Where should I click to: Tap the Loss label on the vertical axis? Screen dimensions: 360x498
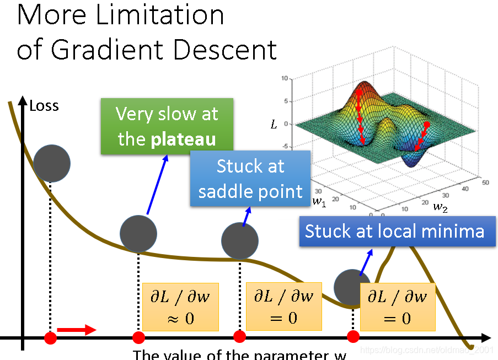(x=44, y=105)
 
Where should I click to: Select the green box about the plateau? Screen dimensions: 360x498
(x=167, y=126)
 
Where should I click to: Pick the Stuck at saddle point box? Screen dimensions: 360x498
(x=250, y=178)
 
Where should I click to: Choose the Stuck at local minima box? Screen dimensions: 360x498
(x=394, y=230)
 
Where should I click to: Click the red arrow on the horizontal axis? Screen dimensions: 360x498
(x=76, y=330)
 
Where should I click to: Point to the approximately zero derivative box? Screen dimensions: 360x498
(x=180, y=307)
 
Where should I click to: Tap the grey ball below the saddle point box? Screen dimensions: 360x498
(x=240, y=241)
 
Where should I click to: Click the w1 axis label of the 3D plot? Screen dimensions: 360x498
(x=319, y=201)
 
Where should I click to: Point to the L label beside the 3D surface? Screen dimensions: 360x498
(x=274, y=125)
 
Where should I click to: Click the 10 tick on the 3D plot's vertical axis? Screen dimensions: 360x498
(x=285, y=79)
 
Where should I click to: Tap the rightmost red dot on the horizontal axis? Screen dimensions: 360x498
(x=354, y=336)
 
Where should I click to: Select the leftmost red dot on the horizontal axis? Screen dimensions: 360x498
(x=50, y=337)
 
